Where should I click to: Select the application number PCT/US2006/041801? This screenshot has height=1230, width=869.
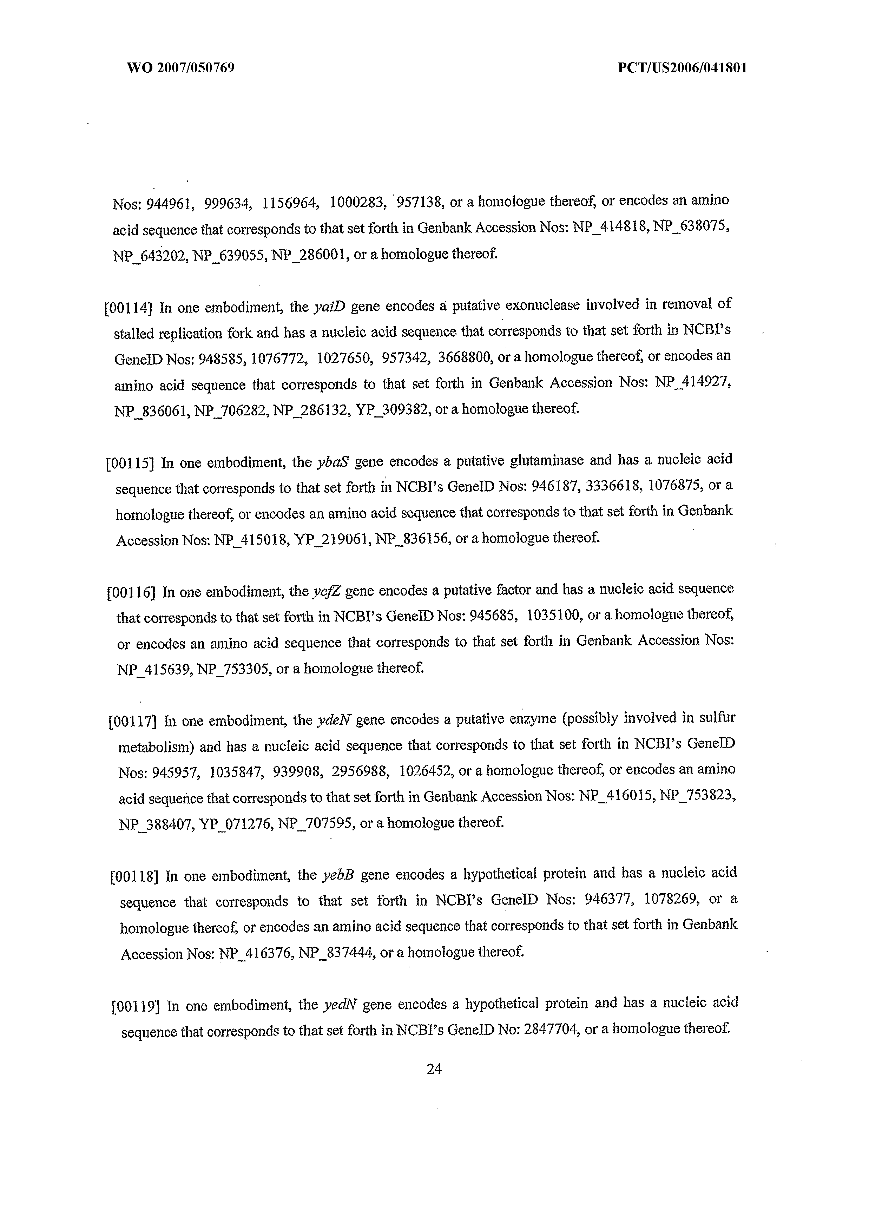click(x=682, y=68)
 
